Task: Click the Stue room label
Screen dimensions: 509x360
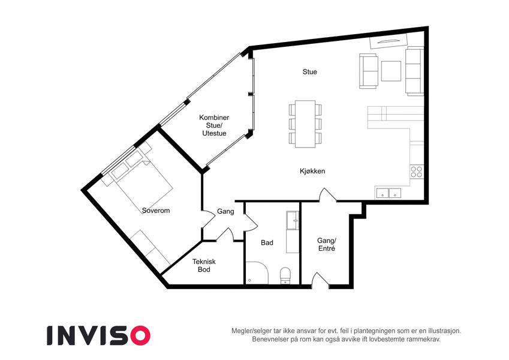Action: pos(310,72)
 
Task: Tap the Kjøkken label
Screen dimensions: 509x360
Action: pos(312,171)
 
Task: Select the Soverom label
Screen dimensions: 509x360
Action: pos(156,211)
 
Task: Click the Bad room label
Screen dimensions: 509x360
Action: pos(267,243)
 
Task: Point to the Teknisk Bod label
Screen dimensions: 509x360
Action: pos(204,265)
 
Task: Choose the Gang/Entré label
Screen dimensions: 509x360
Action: pos(327,245)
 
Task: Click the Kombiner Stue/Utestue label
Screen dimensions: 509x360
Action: pos(214,125)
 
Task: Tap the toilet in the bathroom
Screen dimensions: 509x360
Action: pos(285,275)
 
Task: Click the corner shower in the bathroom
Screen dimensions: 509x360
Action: pos(257,273)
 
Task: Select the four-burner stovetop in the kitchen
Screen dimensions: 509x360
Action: pos(417,172)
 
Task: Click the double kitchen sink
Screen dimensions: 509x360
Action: pos(388,193)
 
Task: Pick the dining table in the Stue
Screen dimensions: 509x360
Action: pos(305,124)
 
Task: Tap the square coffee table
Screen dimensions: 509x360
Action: pos(391,71)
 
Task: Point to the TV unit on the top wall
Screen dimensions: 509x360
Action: pos(389,41)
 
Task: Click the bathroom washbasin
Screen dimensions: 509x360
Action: pos(292,221)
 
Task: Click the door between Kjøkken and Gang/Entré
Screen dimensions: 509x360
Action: pos(327,194)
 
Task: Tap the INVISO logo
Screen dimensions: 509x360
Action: pos(98,335)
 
